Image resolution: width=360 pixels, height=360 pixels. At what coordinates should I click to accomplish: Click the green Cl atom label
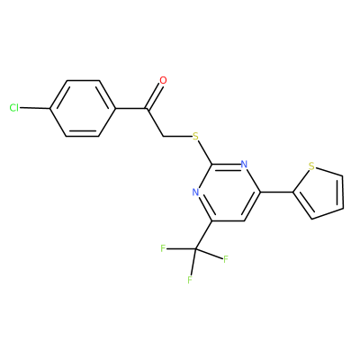13,107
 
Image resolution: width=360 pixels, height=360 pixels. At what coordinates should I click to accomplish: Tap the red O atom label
163,80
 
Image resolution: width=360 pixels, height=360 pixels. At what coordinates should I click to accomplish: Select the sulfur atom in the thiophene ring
311,166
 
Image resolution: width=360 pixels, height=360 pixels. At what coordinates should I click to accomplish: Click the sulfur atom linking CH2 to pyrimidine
195,137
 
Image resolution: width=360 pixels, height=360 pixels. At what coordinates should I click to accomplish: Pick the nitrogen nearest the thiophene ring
244,165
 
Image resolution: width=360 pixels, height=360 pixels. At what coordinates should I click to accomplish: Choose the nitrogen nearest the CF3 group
195,193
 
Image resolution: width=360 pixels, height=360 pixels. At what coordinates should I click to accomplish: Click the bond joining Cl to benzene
34,108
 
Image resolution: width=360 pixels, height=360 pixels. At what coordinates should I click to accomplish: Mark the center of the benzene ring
83,108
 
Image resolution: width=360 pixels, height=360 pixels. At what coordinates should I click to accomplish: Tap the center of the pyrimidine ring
228,193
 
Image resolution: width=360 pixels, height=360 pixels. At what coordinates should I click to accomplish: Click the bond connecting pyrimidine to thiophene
277,192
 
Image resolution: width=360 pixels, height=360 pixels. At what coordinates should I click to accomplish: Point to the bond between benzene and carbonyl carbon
131,108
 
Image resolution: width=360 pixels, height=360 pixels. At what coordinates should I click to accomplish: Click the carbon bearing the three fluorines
195,249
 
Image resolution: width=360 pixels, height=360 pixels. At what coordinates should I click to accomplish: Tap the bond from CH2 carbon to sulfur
177,137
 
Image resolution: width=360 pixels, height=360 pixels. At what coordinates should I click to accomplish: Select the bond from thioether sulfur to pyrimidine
205,152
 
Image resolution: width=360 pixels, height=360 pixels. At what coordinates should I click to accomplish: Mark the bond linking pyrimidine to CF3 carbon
203,235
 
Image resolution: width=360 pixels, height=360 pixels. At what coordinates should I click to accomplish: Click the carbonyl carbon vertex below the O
148,108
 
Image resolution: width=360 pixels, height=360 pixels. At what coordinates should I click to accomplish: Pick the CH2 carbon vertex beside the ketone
164,137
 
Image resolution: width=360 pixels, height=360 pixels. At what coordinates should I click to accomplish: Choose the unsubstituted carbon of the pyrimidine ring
244,220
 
